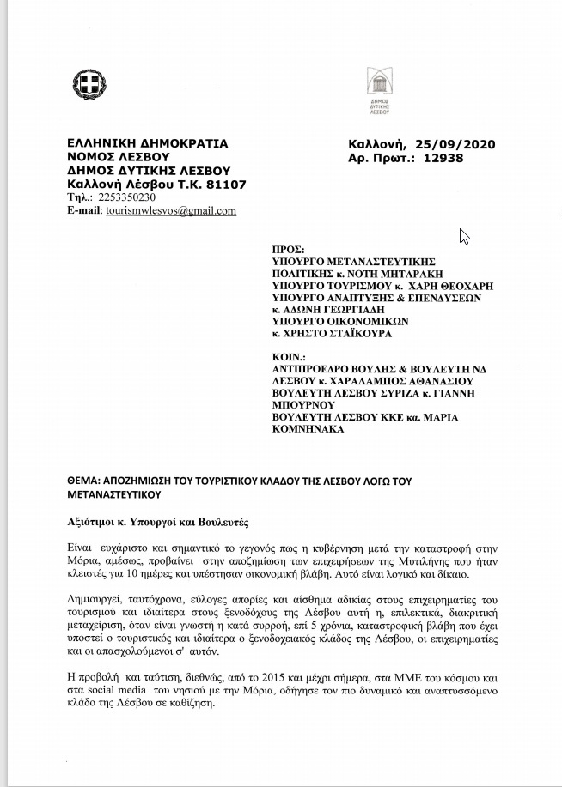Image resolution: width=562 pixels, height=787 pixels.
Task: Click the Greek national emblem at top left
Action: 89,85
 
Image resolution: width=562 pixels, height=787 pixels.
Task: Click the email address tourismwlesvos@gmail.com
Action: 170,210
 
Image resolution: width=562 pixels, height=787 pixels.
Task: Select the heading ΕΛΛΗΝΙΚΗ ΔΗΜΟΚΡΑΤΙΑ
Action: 147,143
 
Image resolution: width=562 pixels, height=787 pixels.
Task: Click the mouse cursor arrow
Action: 464,236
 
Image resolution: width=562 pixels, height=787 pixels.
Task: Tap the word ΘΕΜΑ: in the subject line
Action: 82,481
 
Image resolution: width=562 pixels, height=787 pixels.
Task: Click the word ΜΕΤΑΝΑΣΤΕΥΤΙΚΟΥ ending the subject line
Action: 115,494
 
